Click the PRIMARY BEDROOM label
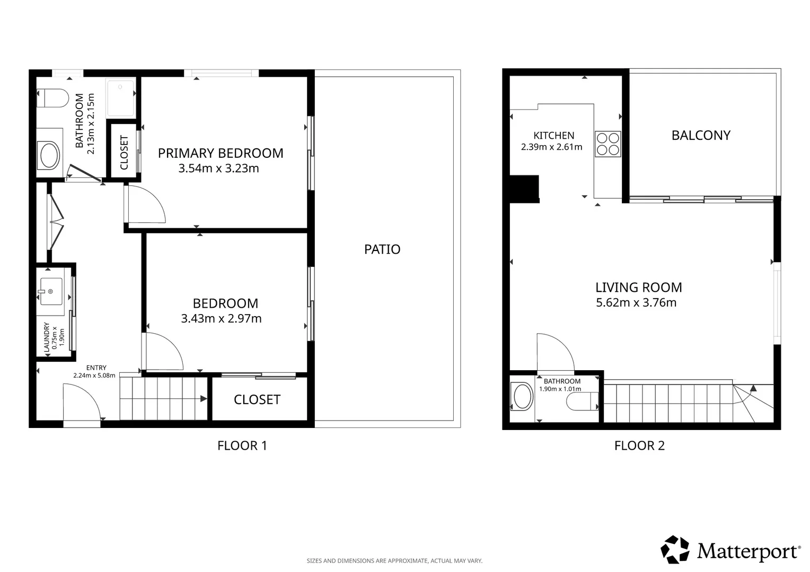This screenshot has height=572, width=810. (221, 153)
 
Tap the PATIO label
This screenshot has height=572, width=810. (382, 249)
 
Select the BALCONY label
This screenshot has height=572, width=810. (701, 136)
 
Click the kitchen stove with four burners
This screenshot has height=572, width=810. (608, 144)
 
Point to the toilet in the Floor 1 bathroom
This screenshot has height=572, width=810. (53, 98)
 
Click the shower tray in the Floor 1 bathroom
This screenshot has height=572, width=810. (121, 98)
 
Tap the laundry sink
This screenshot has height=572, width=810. (51, 292)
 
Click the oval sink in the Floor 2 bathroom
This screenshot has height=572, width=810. (523, 396)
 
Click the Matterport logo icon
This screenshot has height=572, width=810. (675, 550)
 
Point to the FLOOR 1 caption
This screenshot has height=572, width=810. (242, 445)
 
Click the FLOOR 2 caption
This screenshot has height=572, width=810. (639, 445)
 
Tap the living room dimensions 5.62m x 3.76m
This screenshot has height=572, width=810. (636, 302)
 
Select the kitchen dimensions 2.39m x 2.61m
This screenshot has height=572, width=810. (551, 147)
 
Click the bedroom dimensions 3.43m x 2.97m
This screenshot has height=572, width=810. (221, 318)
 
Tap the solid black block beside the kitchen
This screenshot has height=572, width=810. (524, 189)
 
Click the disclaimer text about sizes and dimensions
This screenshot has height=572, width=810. (394, 561)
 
